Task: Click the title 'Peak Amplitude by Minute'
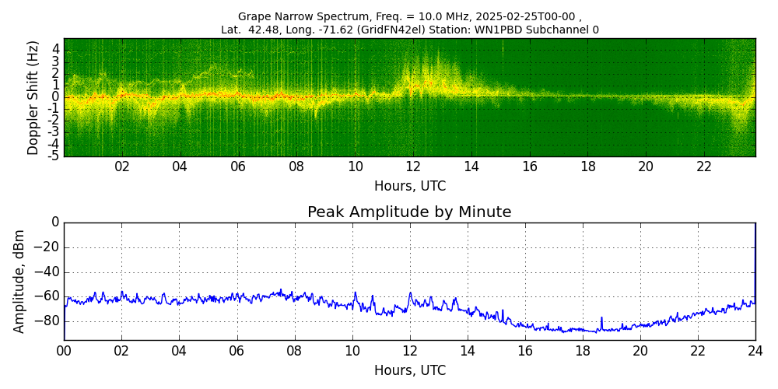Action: tap(409, 212)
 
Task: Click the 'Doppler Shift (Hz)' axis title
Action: tap(33, 97)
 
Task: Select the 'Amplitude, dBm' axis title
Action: tap(19, 281)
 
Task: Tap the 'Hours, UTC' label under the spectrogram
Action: tap(409, 187)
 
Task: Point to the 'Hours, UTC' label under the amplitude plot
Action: tap(409, 371)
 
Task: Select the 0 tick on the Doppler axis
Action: tap(56, 97)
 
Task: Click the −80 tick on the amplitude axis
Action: tap(47, 321)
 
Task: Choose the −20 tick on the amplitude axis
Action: tap(47, 247)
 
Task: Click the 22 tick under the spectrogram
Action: tap(704, 167)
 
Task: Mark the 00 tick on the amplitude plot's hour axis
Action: tap(64, 352)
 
